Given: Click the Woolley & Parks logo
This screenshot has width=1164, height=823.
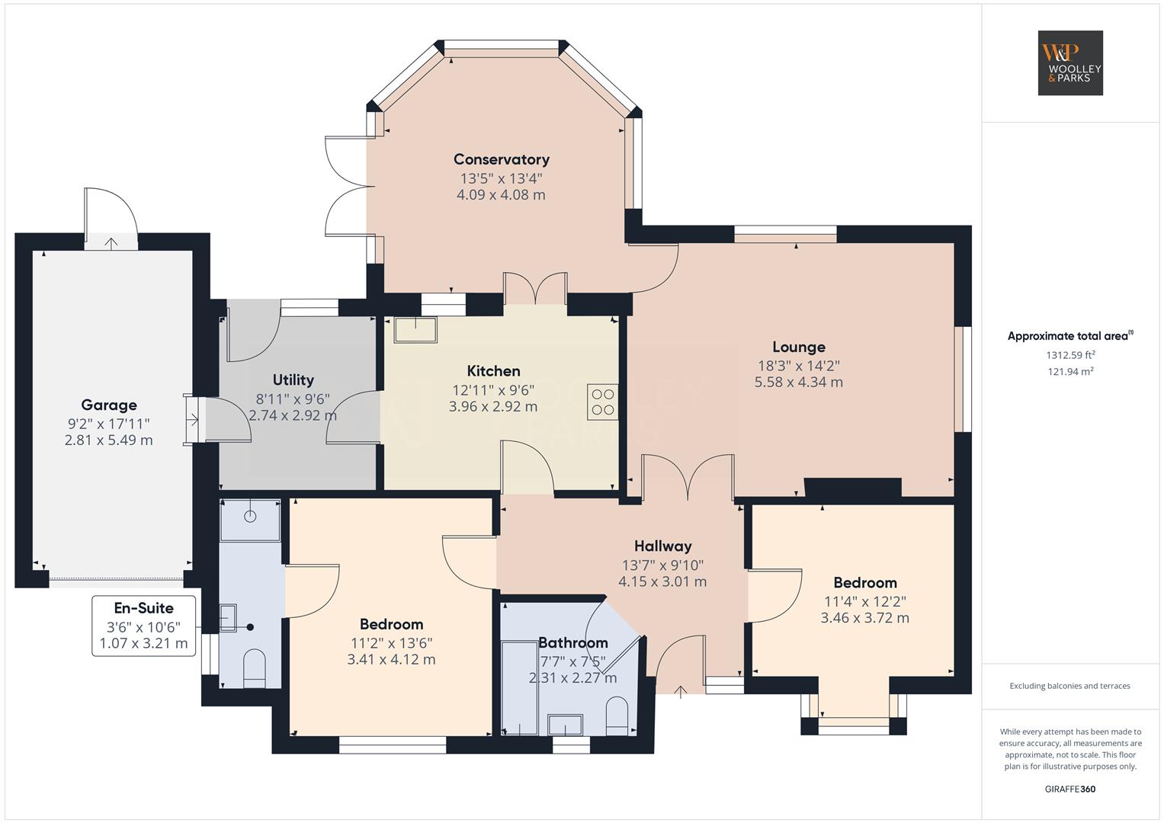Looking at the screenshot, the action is [1070, 62].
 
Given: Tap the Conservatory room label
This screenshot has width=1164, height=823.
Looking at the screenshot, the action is [501, 159].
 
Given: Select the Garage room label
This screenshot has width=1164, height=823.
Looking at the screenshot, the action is [108, 405].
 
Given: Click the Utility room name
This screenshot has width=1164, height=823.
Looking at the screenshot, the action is [293, 379].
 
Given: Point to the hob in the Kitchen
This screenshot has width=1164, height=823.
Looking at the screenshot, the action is [603, 402].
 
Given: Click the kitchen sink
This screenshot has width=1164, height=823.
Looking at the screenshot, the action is [415, 329].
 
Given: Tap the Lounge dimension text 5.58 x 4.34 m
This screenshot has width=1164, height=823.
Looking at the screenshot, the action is [799, 383].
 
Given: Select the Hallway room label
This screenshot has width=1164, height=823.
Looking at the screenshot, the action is [662, 546].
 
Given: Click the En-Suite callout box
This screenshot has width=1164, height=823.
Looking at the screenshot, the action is [144, 626].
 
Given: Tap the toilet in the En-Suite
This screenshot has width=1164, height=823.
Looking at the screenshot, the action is [255, 667].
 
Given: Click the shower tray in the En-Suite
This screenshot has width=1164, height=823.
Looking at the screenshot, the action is [250, 520].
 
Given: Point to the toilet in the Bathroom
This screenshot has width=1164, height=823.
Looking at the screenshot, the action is [617, 716].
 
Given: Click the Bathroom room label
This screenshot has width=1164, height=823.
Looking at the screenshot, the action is [572, 642].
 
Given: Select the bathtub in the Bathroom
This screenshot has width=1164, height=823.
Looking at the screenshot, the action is [520, 688].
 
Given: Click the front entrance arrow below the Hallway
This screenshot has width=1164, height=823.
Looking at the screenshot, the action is [680, 693].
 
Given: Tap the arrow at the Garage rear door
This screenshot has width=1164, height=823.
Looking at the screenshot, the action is [111, 243].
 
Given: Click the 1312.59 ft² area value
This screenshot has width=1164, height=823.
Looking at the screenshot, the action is [1070, 355].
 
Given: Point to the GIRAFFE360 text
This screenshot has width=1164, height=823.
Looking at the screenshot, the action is [1070, 789].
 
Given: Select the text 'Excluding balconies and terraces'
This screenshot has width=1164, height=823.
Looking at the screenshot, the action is [1070, 686].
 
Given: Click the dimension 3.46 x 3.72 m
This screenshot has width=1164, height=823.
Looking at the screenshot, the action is [864, 618].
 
